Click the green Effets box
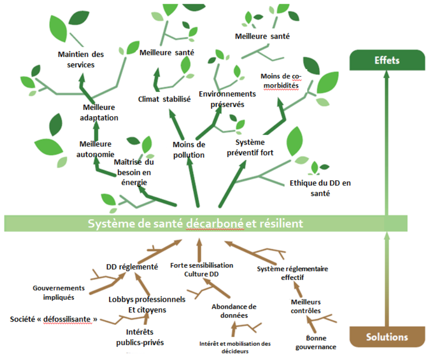point(387,61)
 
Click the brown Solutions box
point(387,337)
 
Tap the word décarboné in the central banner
point(215,224)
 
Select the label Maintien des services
point(81,59)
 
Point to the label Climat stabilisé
point(164,99)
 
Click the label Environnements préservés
point(227,99)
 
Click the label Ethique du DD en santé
point(320,188)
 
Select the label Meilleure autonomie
point(96,149)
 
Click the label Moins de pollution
point(188,149)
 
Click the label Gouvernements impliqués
point(59,292)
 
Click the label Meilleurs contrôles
point(306,306)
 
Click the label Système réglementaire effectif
point(292,273)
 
